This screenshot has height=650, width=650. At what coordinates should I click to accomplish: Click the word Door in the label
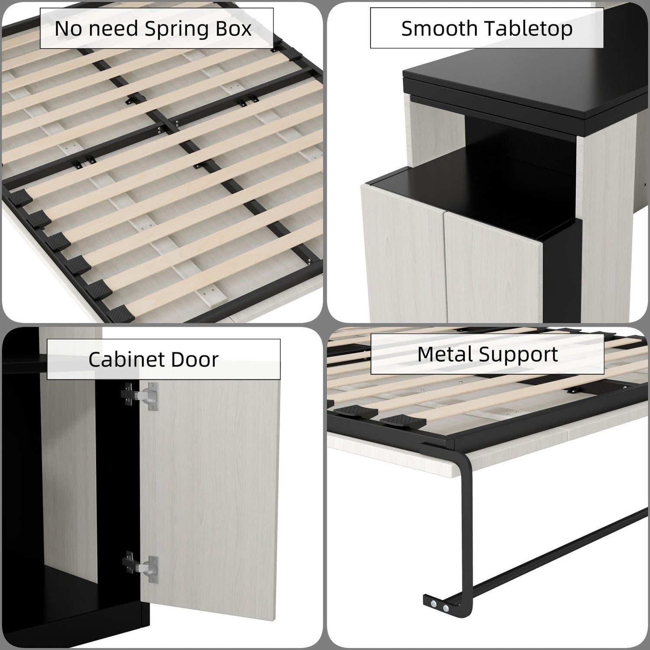click(x=195, y=360)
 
